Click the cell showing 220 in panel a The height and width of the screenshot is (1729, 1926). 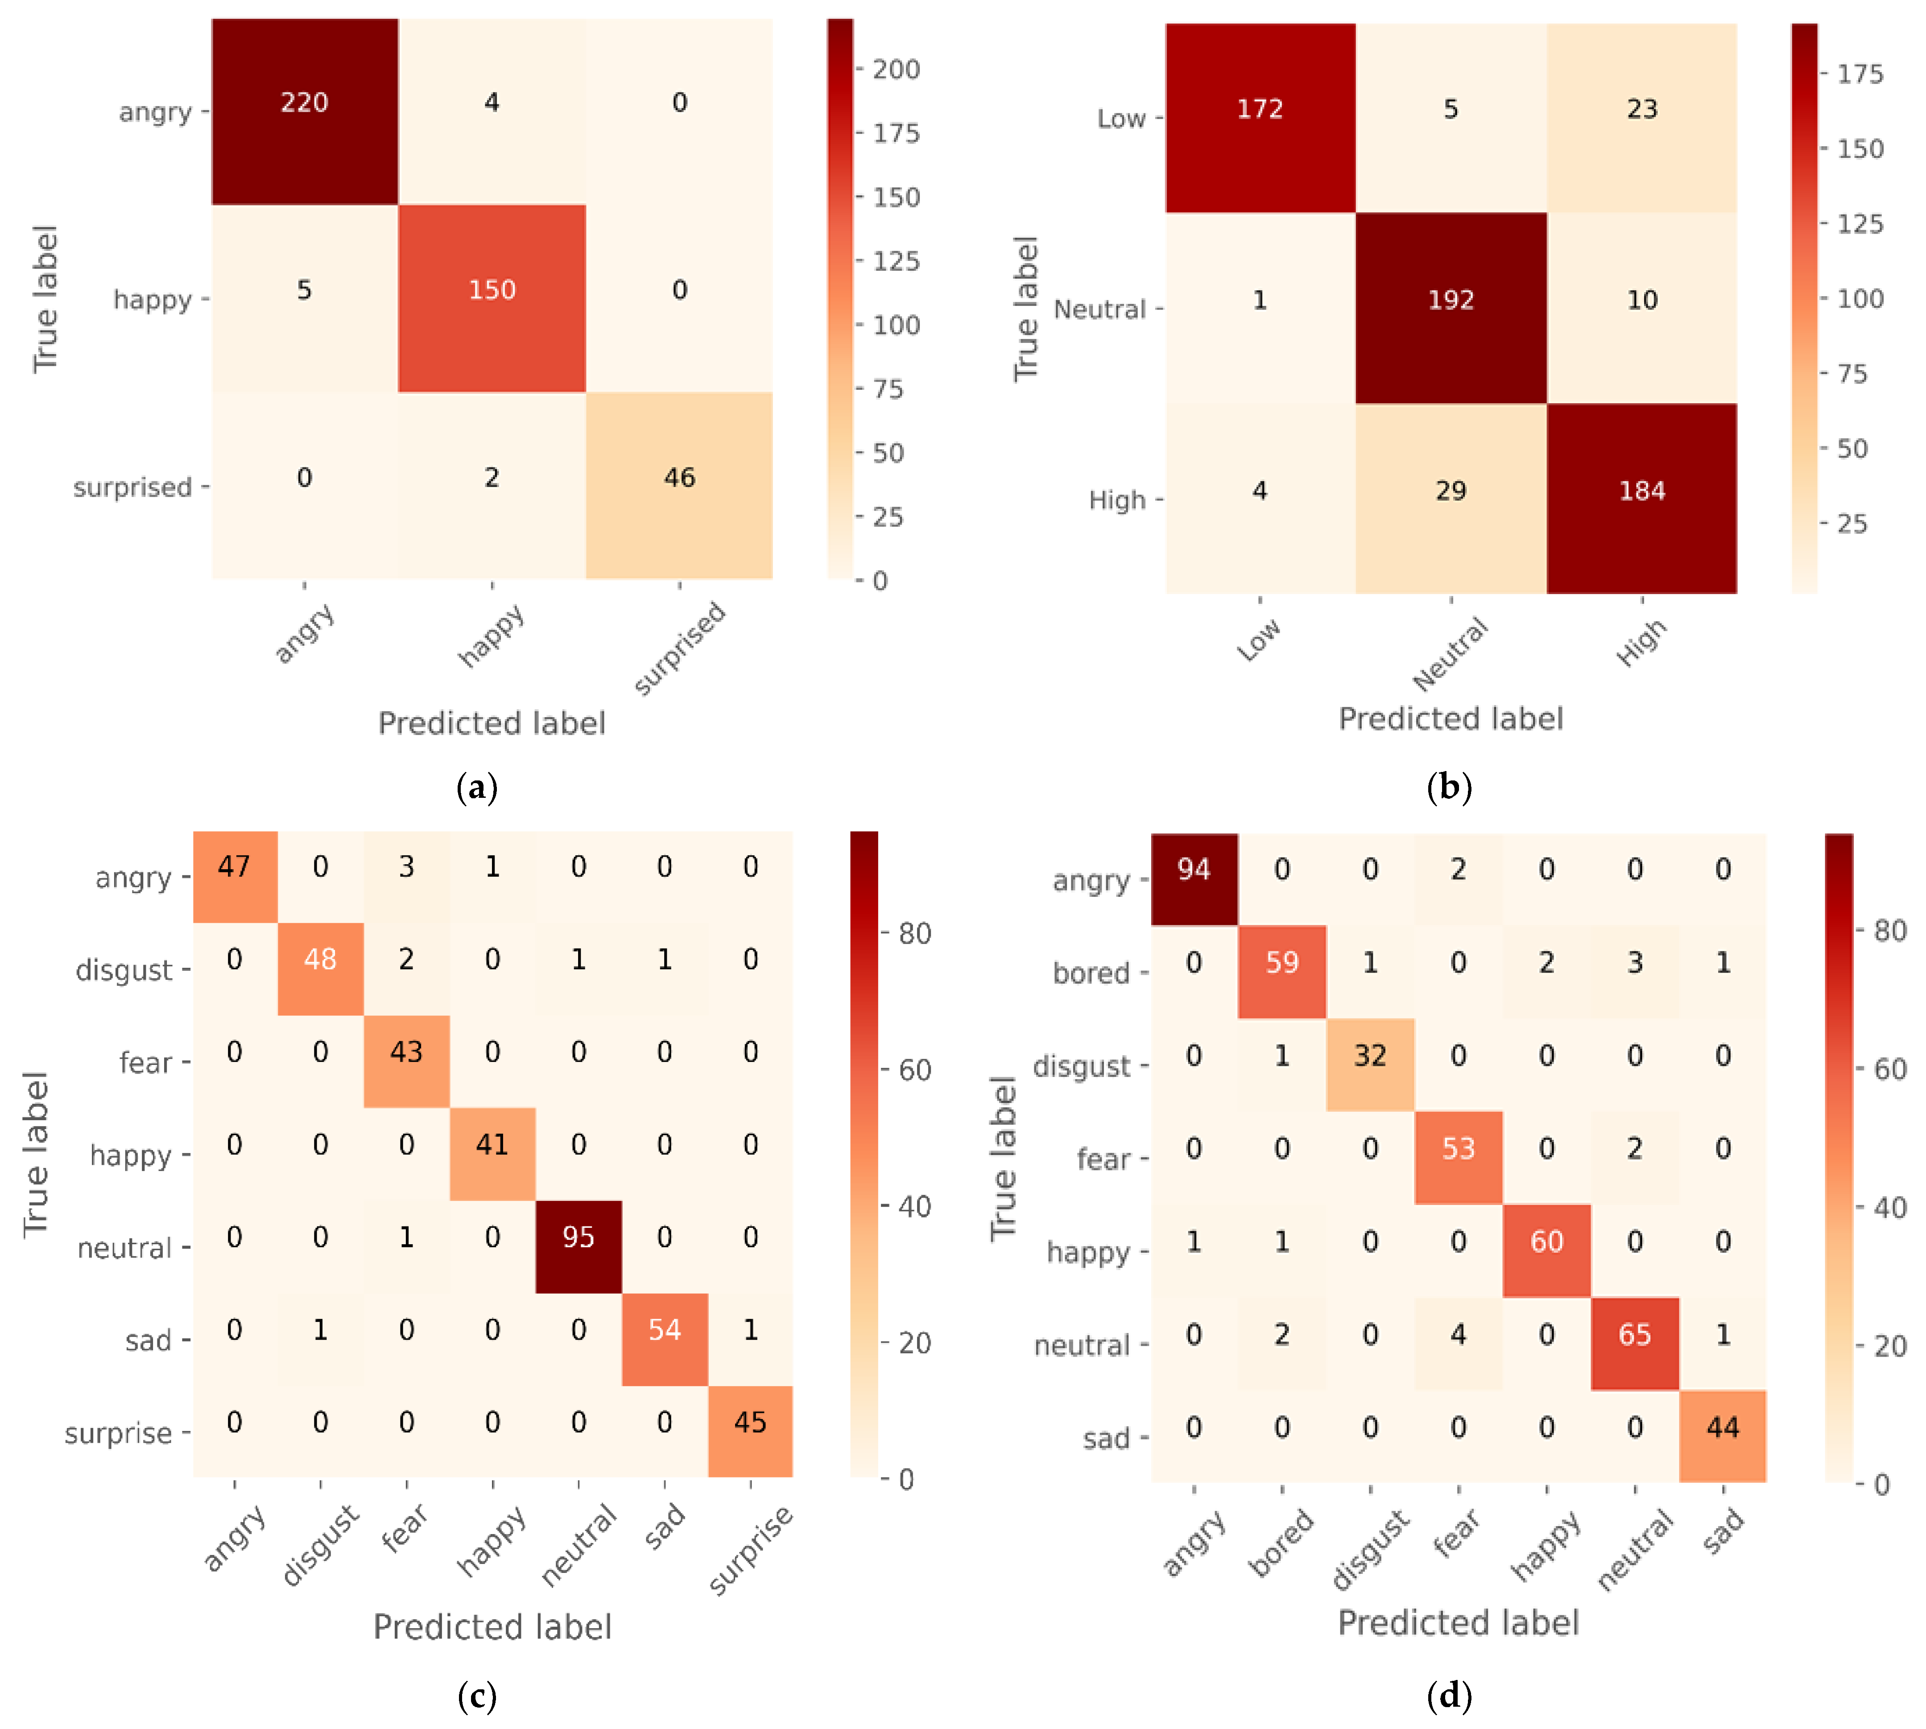(x=304, y=103)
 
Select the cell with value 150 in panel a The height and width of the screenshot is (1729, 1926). (x=491, y=290)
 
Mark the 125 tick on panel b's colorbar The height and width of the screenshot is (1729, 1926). (x=1860, y=224)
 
